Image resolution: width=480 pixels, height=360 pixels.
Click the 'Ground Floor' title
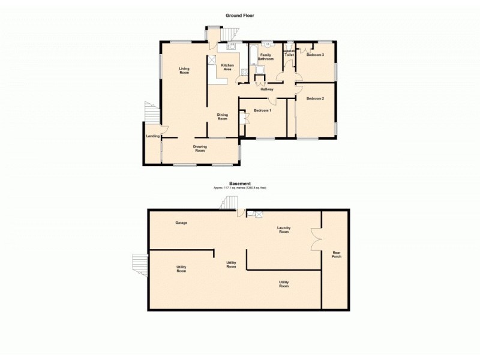pos(240,16)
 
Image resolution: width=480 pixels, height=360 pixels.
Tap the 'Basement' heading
pos(240,184)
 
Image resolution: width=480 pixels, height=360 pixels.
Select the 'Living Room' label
pos(184,71)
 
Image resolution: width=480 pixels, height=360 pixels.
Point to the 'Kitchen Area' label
pos(227,67)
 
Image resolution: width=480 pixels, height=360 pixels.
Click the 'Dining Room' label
pos(223,117)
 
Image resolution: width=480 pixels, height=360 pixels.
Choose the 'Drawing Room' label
pos(200,148)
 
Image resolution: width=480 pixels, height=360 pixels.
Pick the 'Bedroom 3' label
pos(315,55)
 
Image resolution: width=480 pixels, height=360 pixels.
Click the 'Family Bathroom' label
pos(266,57)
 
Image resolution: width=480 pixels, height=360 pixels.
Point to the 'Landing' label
pos(152,136)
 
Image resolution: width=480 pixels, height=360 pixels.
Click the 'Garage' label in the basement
pos(181,223)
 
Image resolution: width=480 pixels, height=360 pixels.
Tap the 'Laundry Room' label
pos(284,229)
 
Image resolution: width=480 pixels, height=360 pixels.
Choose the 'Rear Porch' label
pos(337,254)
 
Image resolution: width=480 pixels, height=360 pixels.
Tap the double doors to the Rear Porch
pos(315,239)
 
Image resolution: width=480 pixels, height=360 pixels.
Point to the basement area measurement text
pos(240,188)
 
